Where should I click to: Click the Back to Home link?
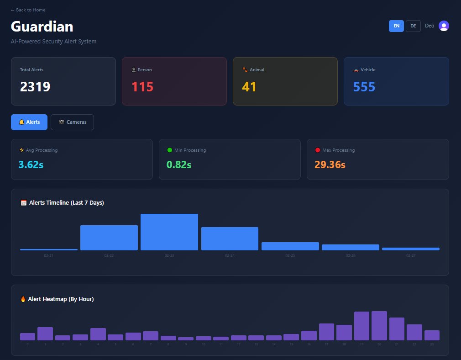point(28,10)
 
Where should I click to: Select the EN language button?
point(396,26)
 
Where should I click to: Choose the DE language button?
point(413,26)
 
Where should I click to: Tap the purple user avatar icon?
point(444,26)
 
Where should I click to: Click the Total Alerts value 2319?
point(35,86)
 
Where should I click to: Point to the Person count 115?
point(142,86)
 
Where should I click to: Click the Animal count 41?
point(249,86)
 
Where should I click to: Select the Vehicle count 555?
point(364,86)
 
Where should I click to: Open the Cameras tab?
point(72,122)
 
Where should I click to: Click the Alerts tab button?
point(29,122)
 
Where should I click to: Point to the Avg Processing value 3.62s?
point(31,164)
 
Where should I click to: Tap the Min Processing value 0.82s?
point(179,164)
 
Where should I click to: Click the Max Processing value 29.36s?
point(330,164)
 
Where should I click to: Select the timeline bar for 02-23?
point(169,232)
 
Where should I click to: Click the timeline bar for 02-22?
point(109,238)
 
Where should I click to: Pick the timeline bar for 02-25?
point(290,246)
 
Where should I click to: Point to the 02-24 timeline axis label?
point(230,256)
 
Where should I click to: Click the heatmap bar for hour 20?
point(379,326)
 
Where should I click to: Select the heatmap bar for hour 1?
point(45,334)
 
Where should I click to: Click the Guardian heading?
point(42,26)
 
